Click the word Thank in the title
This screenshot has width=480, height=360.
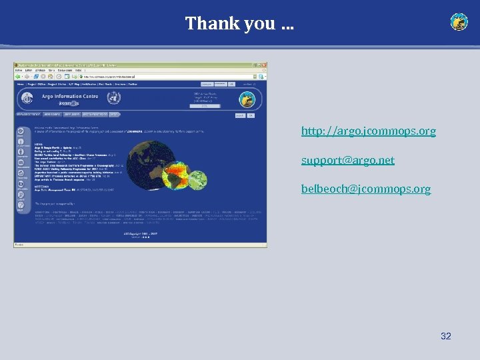pos(204,23)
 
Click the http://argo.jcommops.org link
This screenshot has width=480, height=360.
pos(368,131)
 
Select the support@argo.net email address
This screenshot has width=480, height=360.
pos(347,160)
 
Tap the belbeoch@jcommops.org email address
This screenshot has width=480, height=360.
pos(365,189)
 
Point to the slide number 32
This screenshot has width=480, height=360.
pos(446,336)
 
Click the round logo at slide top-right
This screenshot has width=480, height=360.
pos(459,22)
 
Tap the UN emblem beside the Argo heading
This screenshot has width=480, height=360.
pos(113,99)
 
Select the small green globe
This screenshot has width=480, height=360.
pos(197,179)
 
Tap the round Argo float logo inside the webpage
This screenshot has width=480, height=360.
pos(247,100)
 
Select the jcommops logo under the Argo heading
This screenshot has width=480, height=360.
pos(69,105)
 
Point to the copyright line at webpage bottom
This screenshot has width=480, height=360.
pos(139,234)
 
